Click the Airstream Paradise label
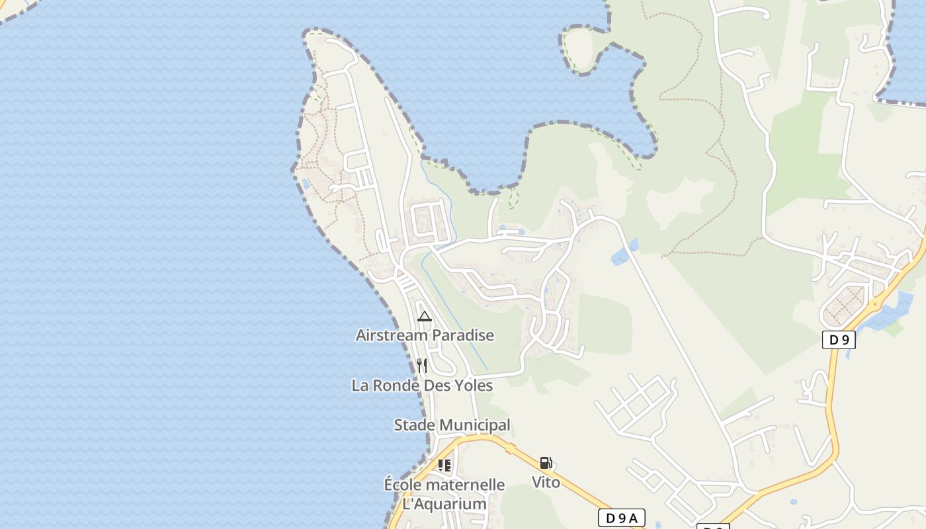point(425,335)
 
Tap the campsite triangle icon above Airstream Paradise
point(425,316)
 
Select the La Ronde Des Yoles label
point(422,386)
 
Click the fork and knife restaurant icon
point(422,366)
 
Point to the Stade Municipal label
point(452,425)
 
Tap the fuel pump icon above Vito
point(546,463)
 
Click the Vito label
point(546,483)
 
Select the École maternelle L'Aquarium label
point(444,495)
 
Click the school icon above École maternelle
point(444,466)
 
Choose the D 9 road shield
point(839,340)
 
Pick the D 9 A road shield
point(621,518)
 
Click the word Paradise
point(463,335)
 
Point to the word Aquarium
point(454,505)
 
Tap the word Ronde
point(395,386)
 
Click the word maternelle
point(465,485)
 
